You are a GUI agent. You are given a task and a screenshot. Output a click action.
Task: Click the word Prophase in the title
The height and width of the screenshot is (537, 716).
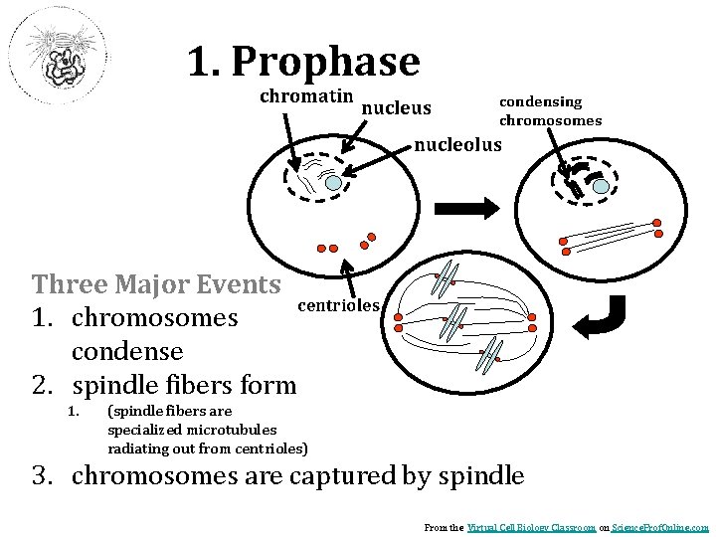[325, 62]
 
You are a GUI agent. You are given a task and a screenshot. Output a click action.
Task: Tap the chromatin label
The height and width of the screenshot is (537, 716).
[306, 96]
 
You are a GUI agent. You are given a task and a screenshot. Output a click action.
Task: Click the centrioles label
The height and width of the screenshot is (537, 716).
[339, 305]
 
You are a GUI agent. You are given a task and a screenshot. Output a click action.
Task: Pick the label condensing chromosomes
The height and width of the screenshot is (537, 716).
[550, 111]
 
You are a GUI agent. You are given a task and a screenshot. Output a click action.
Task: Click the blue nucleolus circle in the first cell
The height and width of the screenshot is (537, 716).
[334, 183]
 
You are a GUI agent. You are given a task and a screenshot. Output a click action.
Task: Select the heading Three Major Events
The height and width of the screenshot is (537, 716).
[156, 284]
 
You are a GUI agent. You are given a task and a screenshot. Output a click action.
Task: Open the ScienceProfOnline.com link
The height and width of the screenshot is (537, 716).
[659, 527]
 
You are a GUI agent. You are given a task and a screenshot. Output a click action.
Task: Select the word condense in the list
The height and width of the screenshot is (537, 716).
[127, 351]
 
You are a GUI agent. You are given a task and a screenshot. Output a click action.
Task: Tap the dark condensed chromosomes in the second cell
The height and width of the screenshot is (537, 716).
[574, 181]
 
